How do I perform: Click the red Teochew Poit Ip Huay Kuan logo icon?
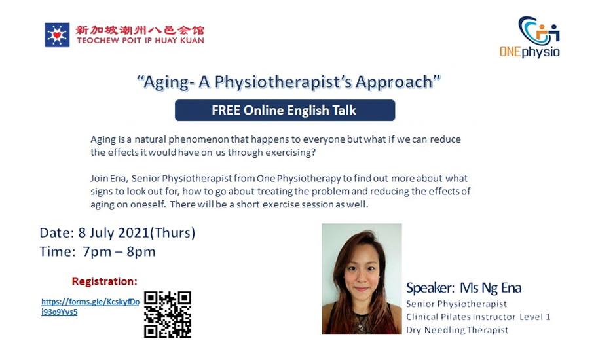(x=57, y=35)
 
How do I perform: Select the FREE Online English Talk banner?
(x=284, y=110)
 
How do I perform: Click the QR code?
(x=168, y=314)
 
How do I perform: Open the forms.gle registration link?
(x=90, y=307)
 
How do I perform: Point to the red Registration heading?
(x=104, y=281)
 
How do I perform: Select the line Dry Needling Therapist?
(x=457, y=330)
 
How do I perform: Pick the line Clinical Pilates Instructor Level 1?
(x=478, y=317)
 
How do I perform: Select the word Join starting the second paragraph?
(x=101, y=179)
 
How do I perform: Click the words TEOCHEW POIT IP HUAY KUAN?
(x=140, y=40)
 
